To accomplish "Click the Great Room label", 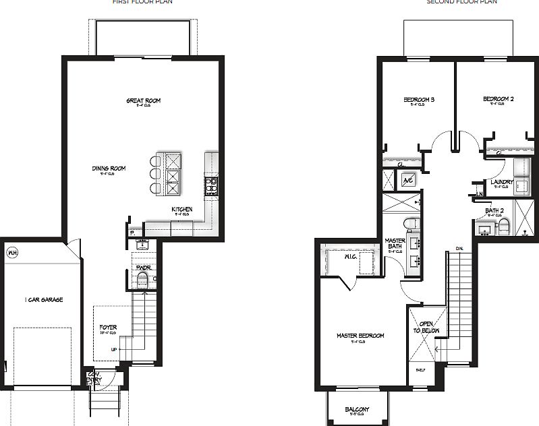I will [x=144, y=101].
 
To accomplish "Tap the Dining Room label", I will [x=109, y=169].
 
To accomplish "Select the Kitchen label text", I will [x=182, y=210].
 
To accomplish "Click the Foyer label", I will [x=108, y=328].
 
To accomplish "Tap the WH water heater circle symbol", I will [x=11, y=253].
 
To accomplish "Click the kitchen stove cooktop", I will [x=211, y=185].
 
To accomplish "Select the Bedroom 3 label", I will [x=419, y=100].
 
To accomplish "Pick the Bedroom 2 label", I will [x=499, y=99].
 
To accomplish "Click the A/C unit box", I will [x=409, y=180].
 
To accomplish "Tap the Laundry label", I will [x=503, y=182].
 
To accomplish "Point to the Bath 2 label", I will [x=495, y=211].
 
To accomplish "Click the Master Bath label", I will [x=395, y=244].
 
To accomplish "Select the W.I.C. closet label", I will [x=351, y=256].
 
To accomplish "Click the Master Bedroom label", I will [x=361, y=336].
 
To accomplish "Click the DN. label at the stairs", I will [x=459, y=249].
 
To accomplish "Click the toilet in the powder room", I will [x=142, y=281].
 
